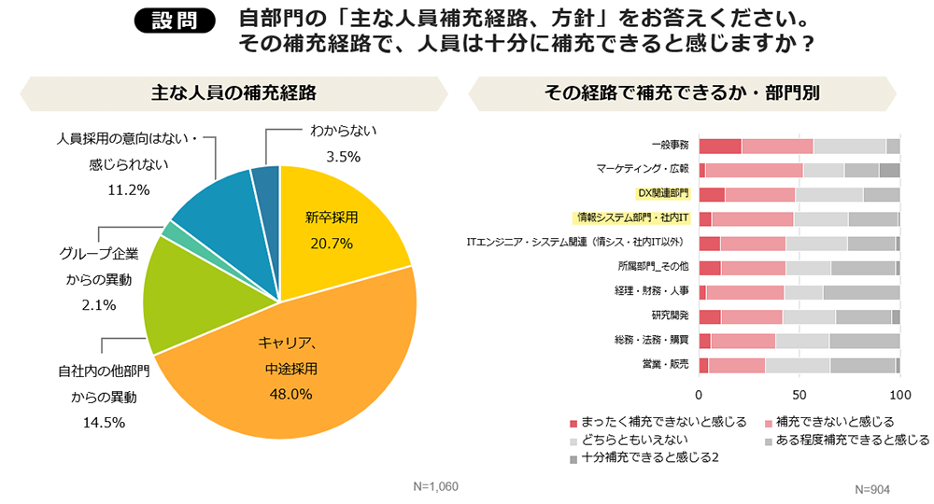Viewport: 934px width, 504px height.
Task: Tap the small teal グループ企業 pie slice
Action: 169,230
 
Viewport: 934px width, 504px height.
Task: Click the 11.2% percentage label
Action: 129,190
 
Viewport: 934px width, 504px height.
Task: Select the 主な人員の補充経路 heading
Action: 233,92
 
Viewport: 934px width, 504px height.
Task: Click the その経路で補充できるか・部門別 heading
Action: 682,92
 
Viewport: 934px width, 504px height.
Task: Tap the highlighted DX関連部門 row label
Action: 662,194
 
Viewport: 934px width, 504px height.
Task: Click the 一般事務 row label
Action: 670,146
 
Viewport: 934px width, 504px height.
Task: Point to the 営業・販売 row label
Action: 667,365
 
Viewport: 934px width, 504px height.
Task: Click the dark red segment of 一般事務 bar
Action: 720,146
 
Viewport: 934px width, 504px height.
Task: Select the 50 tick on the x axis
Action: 800,393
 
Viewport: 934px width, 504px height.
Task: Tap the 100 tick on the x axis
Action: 899,393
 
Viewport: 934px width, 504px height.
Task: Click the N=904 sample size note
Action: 872,490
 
